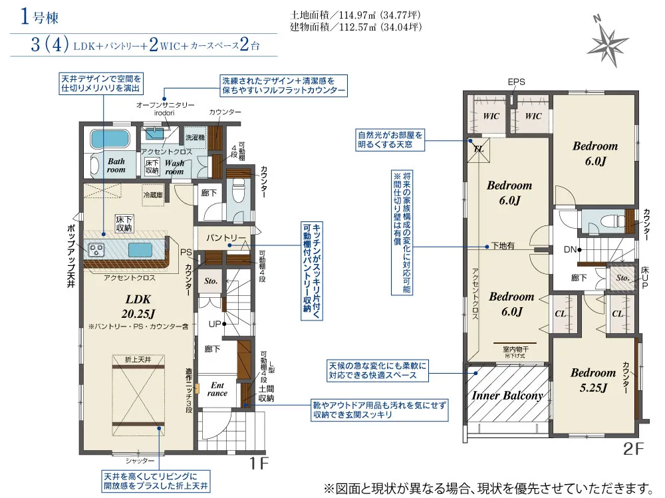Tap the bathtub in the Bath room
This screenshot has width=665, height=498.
tap(110, 139)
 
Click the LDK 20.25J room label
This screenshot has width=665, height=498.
tap(138, 307)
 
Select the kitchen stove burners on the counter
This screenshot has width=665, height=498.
tap(96, 249)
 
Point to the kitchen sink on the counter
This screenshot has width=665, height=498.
tap(140, 250)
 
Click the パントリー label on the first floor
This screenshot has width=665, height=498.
tap(225, 238)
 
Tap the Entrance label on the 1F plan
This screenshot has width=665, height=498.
tap(217, 389)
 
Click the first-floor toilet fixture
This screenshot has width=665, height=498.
tap(239, 195)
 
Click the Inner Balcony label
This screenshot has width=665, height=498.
tap(507, 396)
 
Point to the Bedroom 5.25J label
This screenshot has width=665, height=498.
tap(593, 380)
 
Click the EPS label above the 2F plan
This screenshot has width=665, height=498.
tap(516, 82)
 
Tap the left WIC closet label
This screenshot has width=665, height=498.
tap(491, 116)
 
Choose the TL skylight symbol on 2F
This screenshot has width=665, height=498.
tap(478, 150)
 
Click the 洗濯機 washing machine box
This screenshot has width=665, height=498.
tap(195, 137)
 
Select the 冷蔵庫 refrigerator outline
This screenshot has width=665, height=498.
tap(153, 195)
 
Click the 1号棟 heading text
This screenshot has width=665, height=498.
tap(39, 17)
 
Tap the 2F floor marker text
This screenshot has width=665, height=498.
tap(633, 449)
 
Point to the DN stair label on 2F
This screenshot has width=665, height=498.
tap(570, 249)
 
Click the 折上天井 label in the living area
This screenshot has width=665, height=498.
tap(138, 359)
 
